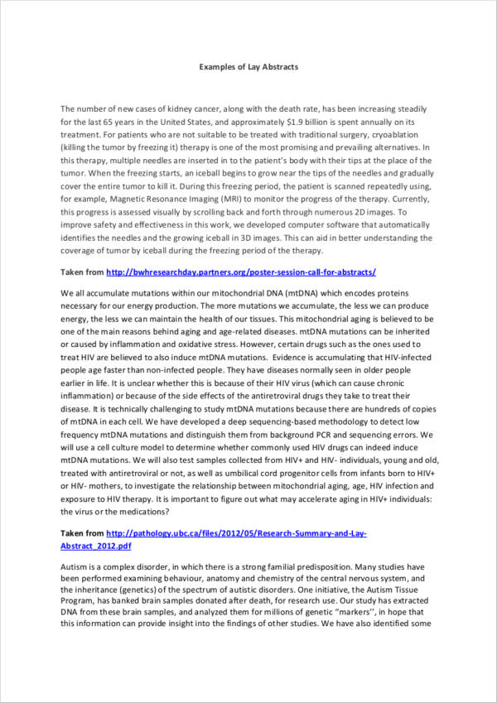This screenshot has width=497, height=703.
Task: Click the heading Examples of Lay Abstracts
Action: pos(248,66)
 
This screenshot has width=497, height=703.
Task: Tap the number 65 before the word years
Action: pos(113,121)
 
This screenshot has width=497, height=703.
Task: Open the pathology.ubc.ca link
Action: pos(239,534)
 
